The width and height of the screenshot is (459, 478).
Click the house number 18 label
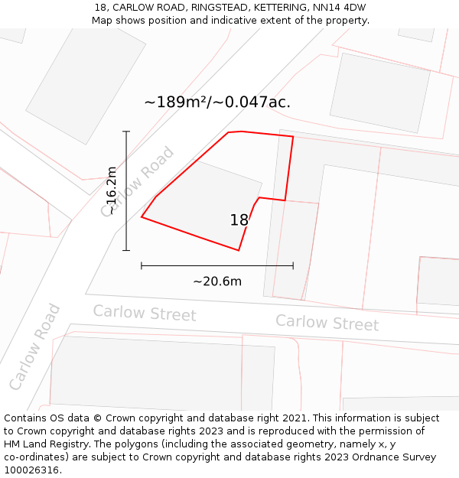tap(239, 220)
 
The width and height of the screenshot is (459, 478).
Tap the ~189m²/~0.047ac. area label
tap(217, 102)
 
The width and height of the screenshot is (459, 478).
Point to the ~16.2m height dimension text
tap(112, 190)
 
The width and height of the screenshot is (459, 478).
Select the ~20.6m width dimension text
tap(217, 281)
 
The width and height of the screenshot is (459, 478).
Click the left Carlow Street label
tap(145, 314)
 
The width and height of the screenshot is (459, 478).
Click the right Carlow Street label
tap(327, 323)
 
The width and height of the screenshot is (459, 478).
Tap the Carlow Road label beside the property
tap(138, 182)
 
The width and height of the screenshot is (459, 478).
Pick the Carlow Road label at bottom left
tap(35, 346)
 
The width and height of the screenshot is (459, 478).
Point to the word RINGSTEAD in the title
tap(218, 8)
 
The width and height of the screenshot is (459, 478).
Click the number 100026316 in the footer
tap(33, 470)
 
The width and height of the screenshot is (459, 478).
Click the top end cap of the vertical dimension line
tap(126, 132)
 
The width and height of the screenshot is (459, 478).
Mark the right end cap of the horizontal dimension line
tap(293, 265)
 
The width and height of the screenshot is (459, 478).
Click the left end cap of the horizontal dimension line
tap(142, 265)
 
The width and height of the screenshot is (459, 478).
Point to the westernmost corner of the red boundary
tap(142, 217)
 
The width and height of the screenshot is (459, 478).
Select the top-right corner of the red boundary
tap(293, 137)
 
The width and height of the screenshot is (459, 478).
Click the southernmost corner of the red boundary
tap(239, 250)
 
